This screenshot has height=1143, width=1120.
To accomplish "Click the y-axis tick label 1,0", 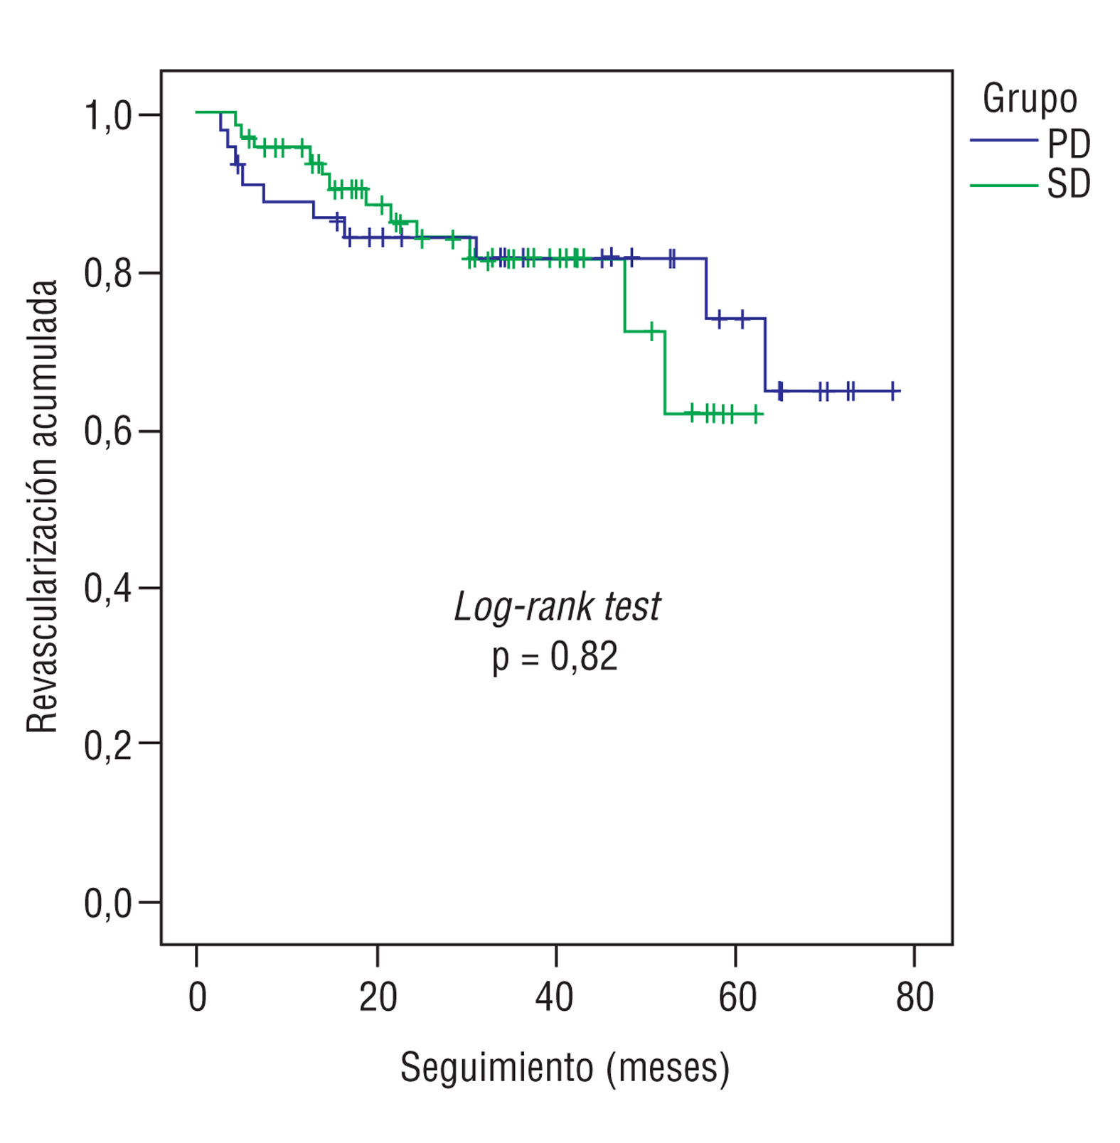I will (x=108, y=116).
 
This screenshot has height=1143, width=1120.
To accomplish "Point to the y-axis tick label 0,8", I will (x=108, y=274).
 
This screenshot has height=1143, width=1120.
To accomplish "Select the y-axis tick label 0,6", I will (x=108, y=431).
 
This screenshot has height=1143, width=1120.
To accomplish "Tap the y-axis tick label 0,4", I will (x=108, y=589).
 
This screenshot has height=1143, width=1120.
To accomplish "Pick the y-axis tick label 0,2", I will (x=108, y=746).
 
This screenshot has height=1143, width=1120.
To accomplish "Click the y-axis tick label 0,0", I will (x=108, y=903).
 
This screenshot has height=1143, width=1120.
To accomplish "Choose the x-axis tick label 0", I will (x=197, y=997).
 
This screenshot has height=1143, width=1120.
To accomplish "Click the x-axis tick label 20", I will (x=378, y=997).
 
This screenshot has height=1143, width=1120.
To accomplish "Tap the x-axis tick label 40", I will (x=555, y=997).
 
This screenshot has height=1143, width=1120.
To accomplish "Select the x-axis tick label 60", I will (x=737, y=997).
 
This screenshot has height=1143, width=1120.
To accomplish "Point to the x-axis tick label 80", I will (x=914, y=997).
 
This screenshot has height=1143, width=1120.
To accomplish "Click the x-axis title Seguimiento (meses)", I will (x=565, y=1068).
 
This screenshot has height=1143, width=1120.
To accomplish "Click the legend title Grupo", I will (x=1029, y=98).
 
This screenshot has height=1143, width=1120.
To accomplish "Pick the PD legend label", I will (x=1068, y=144).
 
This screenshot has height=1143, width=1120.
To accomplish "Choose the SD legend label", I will (x=1068, y=184).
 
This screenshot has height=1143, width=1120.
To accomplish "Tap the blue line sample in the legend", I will (x=1003, y=141).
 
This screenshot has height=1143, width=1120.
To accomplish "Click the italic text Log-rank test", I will (x=557, y=606).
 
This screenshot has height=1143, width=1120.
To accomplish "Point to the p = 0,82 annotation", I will (x=555, y=657).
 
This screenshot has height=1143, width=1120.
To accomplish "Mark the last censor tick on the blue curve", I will (x=893, y=391).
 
